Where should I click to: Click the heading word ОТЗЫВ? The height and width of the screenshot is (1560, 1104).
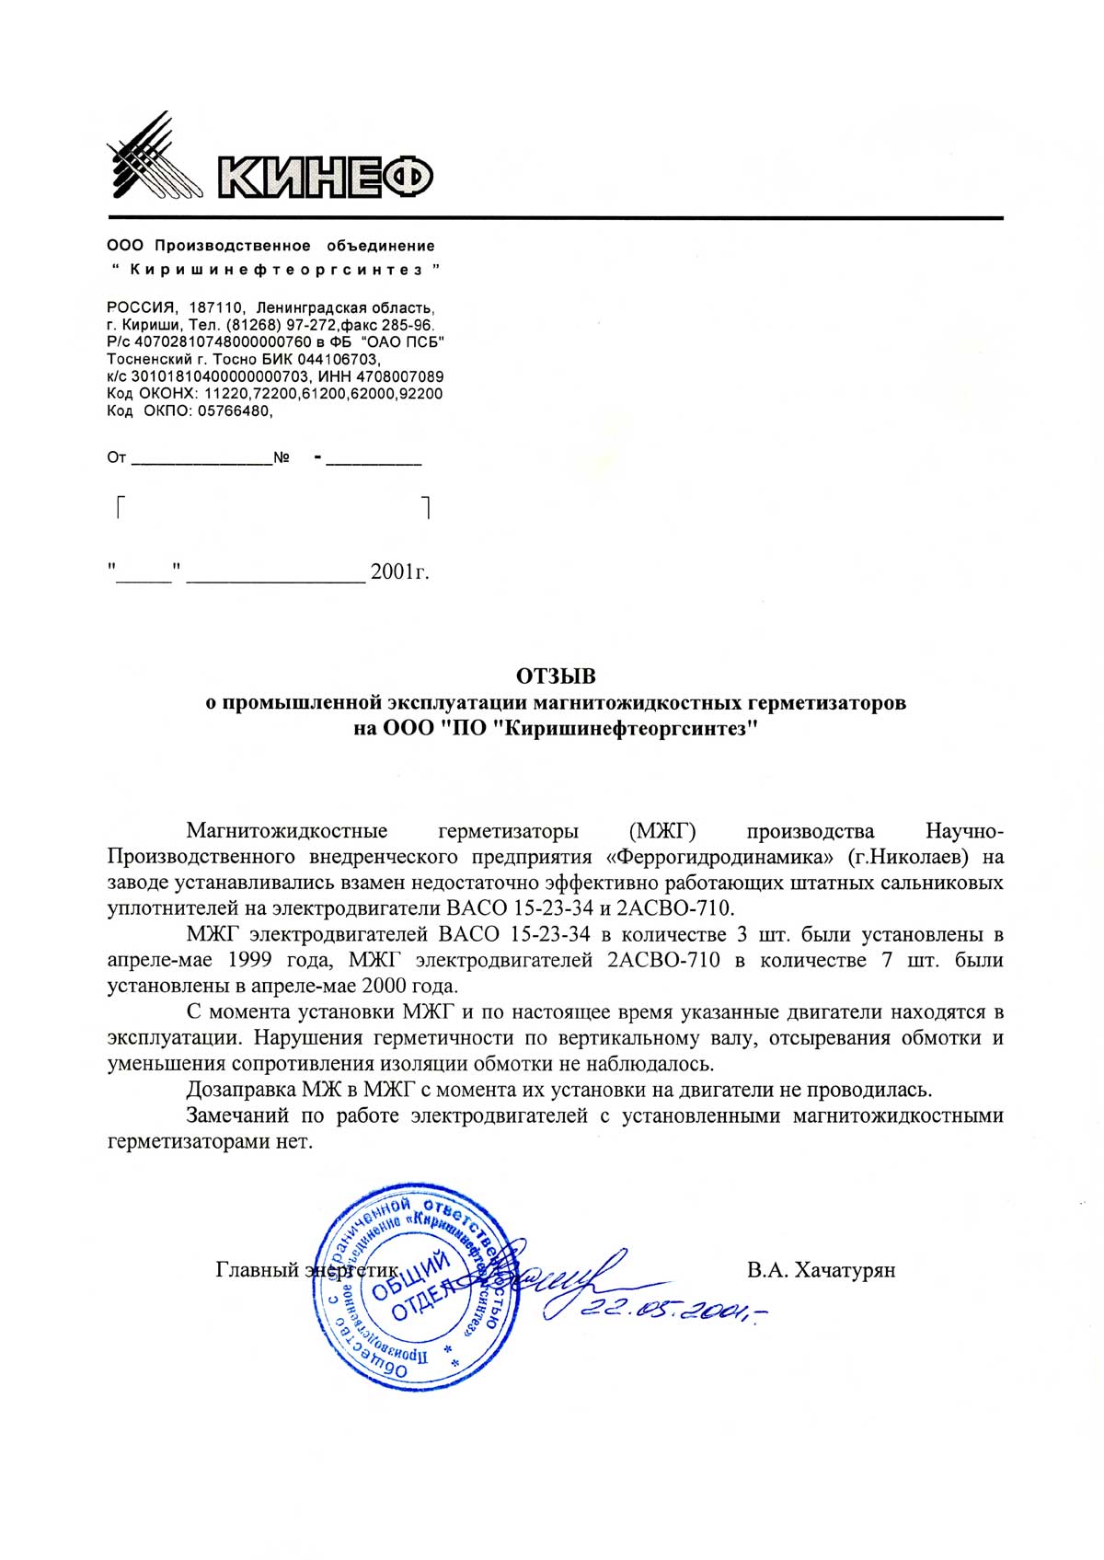coord(556,677)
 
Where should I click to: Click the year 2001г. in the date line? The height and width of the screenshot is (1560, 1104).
coord(399,572)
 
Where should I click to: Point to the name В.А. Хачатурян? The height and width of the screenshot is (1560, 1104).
coord(821,1271)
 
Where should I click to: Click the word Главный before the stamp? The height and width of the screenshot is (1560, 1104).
coord(256,1271)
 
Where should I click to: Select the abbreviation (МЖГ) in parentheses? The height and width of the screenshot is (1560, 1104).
coord(657,831)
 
